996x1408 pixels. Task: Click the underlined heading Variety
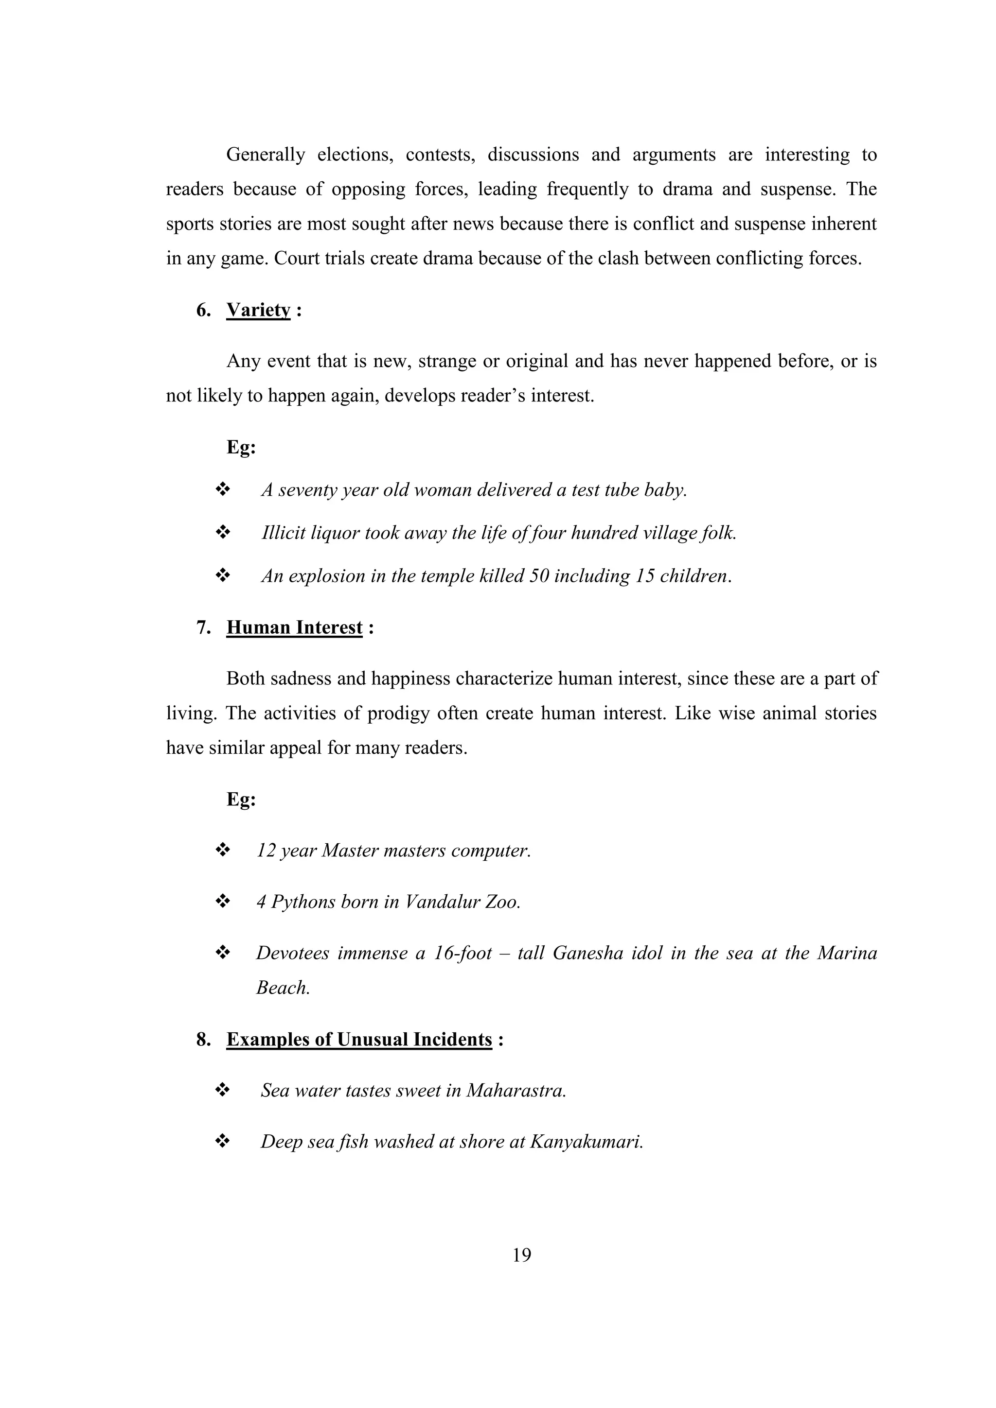pos(258,310)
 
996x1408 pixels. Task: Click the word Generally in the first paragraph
pos(265,155)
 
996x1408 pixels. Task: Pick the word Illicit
pos(283,533)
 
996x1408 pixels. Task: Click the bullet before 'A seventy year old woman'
pos(222,489)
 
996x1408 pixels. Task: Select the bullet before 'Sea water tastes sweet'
pos(222,1090)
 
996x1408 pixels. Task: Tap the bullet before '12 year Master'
pos(222,850)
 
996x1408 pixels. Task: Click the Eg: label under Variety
pos(241,447)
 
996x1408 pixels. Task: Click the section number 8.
pos(203,1040)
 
